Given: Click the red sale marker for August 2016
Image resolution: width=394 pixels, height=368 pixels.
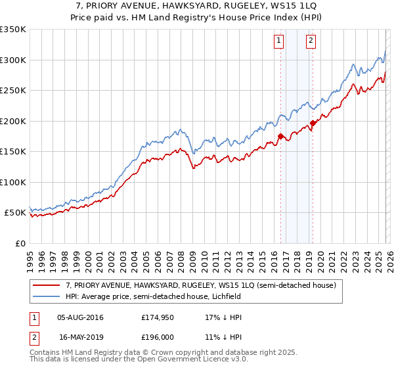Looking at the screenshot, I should point(280,137).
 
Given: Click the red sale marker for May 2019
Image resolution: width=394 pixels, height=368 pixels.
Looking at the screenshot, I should point(313,123).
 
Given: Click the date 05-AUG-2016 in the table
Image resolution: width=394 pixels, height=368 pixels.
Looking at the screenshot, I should point(80,317).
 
